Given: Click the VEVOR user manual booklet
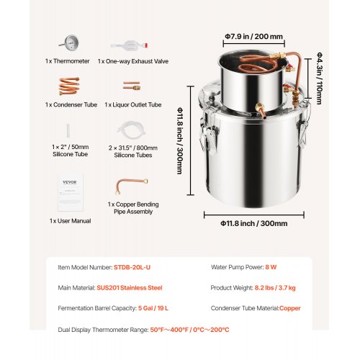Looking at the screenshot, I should pos(70,190).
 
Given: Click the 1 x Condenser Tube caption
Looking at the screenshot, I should pos(70,105).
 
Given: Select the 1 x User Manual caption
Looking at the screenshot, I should pos(70,220).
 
